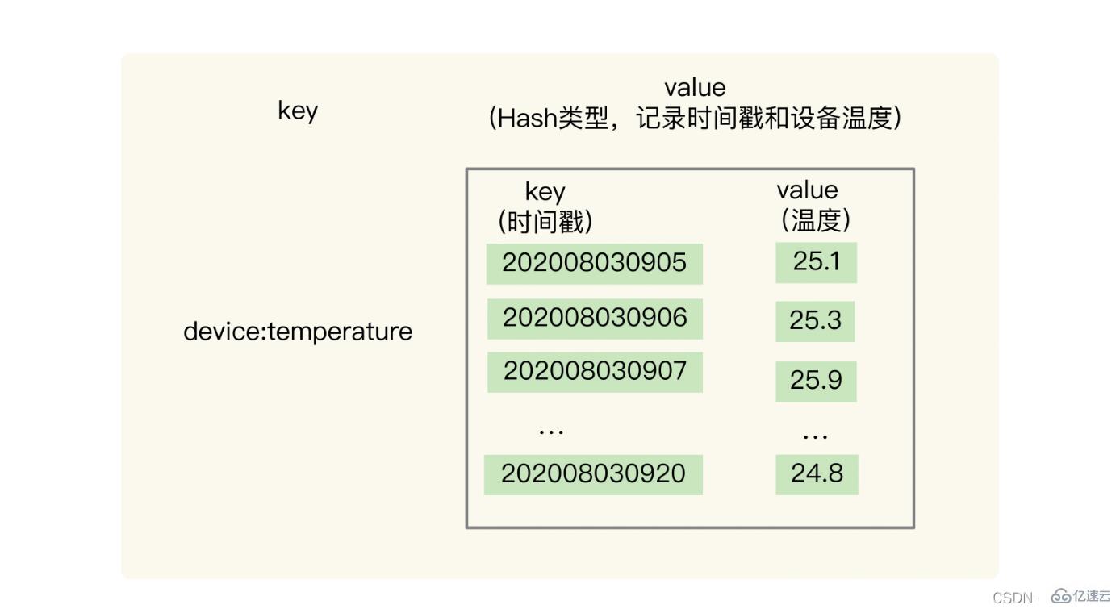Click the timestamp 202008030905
pos(594,263)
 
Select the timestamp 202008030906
pos(595,318)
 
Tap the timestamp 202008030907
pos(595,371)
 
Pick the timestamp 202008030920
pos(593,473)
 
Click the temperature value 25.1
pos(816,261)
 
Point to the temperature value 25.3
pos(815,320)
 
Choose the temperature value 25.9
pos(816,380)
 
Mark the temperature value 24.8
pos(817,473)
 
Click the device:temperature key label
pos(298,332)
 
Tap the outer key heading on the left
pos(298,111)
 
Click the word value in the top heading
pos(694,87)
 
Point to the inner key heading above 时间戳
pos(545,192)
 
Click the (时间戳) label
pos(545,220)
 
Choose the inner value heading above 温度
pos(807,190)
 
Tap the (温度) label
pos(815,219)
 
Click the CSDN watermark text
pos(1013,598)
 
